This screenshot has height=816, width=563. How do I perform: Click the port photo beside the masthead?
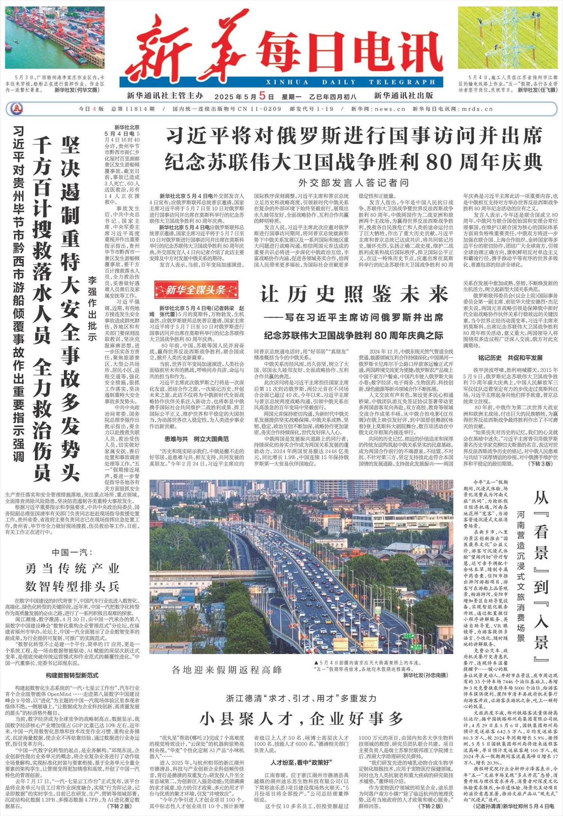pyautogui.click(x=55, y=38)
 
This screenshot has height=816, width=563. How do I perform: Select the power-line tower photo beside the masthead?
pyautogui.click(x=507, y=38)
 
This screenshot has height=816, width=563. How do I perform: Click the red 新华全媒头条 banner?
pyautogui.click(x=196, y=290)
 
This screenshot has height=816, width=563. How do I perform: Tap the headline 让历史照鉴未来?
pyautogui.click(x=354, y=294)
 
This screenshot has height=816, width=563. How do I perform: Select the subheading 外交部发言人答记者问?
pyautogui.click(x=354, y=183)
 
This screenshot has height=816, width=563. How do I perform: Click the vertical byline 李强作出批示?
pyautogui.click(x=92, y=309)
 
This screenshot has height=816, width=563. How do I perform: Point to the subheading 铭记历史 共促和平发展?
pyautogui.click(x=510, y=357)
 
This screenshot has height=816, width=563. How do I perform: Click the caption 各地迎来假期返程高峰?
pyautogui.click(x=226, y=670)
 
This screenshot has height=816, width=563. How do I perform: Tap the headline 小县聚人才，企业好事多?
pyautogui.click(x=301, y=719)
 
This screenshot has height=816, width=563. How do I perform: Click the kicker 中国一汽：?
pyautogui.click(x=72, y=552)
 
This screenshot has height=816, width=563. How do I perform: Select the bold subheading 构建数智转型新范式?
pyautogui.click(x=72, y=675)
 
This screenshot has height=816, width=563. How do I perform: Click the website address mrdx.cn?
pyautogui.click(x=477, y=109)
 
